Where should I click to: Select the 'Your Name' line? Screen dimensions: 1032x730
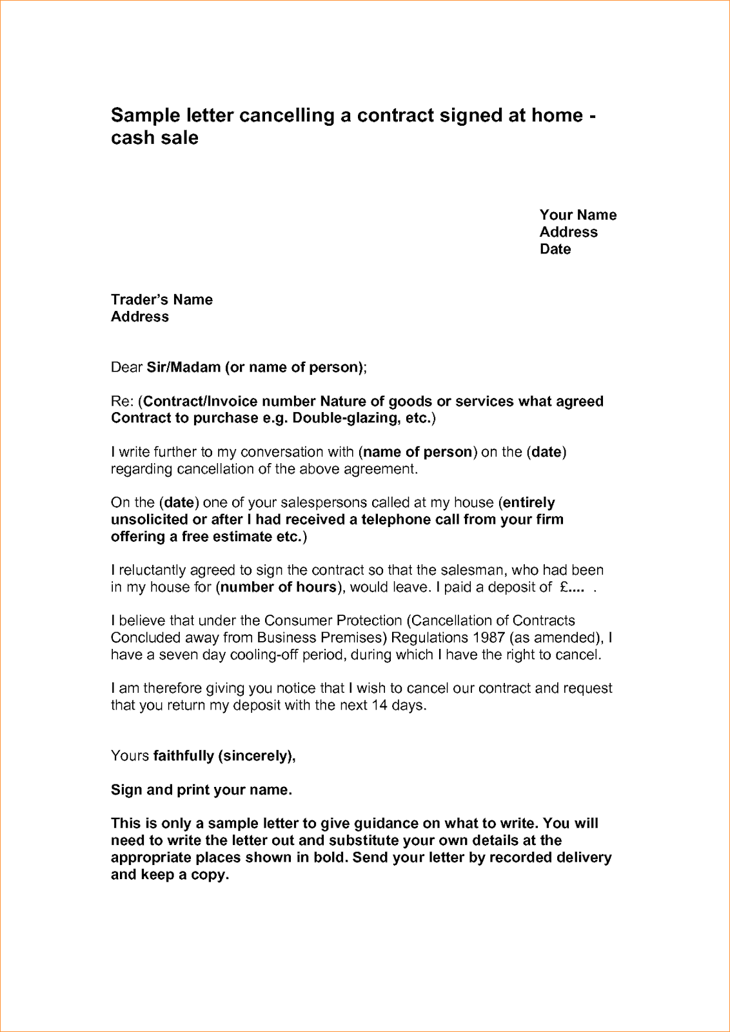578,215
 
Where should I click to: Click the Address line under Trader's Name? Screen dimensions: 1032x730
140,317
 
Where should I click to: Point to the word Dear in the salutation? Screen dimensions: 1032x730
126,368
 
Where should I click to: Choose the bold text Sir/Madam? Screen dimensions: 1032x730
184,368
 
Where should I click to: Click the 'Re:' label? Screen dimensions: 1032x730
122,402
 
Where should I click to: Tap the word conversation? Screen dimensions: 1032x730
297,452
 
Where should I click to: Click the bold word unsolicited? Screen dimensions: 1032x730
150,520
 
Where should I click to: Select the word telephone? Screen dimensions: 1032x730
395,520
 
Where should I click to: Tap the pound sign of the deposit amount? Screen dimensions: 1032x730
564,588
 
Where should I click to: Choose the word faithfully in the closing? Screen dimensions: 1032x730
184,756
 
